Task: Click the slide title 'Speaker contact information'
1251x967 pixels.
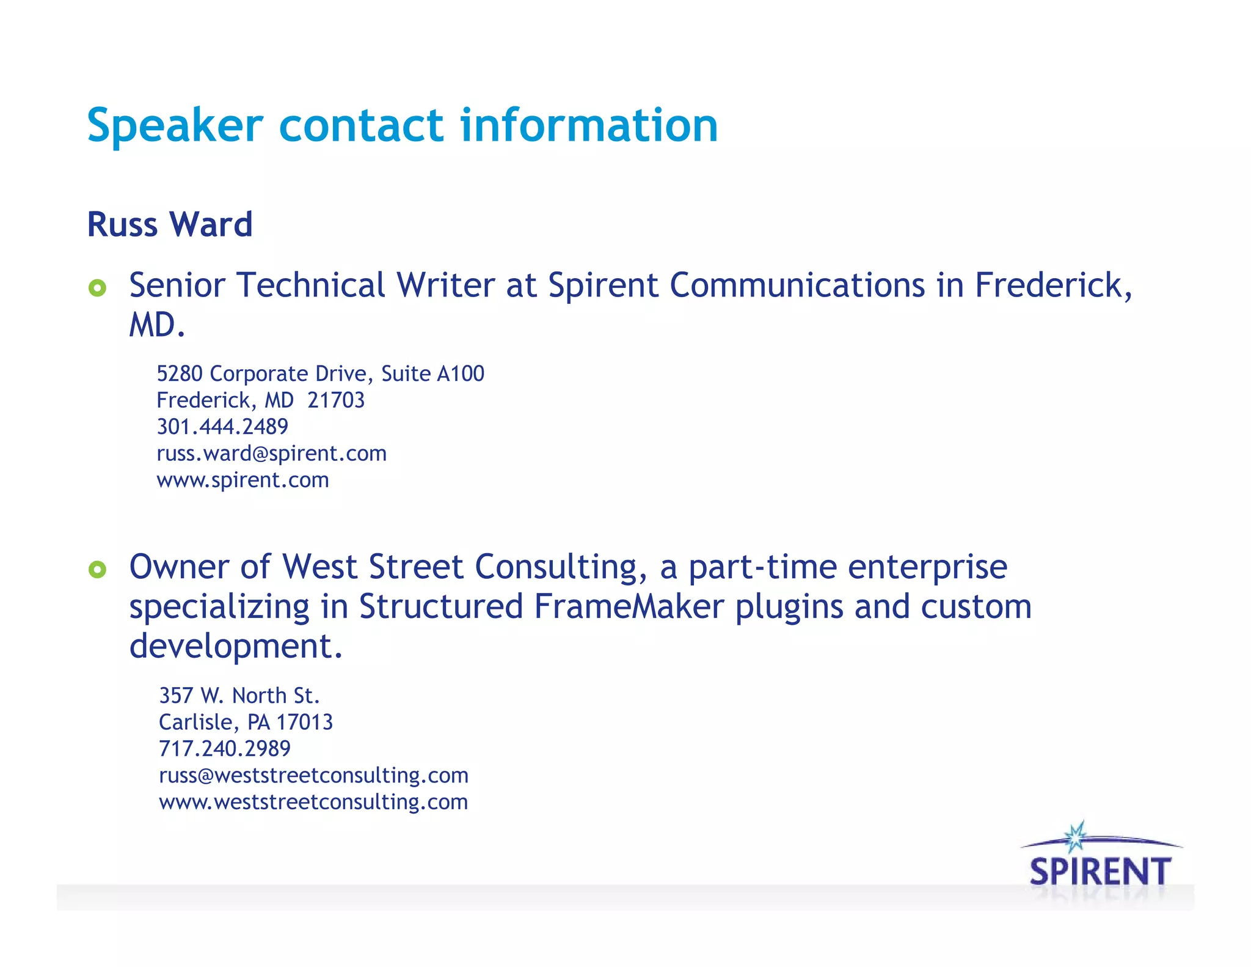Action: coord(402,125)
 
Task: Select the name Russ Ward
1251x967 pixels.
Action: coord(170,224)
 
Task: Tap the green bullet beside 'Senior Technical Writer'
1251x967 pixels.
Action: coord(97,287)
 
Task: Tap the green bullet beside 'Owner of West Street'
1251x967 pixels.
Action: coord(97,570)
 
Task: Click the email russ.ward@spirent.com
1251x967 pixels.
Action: coord(271,454)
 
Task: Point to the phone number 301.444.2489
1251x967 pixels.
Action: coord(222,427)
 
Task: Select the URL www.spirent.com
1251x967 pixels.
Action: coord(243,480)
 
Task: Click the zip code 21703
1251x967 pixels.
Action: coord(335,400)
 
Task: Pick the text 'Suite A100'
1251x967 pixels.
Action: coord(432,373)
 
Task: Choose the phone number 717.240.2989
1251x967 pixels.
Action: coord(225,749)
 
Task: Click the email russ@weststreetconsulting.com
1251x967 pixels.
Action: coord(313,776)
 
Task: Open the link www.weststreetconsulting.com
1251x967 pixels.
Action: coord(313,802)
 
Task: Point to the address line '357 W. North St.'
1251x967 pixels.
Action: coord(239,696)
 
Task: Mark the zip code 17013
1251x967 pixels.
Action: coord(304,722)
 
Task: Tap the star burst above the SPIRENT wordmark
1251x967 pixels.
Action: coord(1075,837)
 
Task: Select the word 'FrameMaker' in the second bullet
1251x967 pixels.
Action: coord(629,607)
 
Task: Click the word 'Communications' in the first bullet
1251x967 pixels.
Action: coord(797,285)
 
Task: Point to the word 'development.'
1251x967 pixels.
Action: coord(236,646)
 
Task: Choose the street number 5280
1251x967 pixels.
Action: coord(180,373)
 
